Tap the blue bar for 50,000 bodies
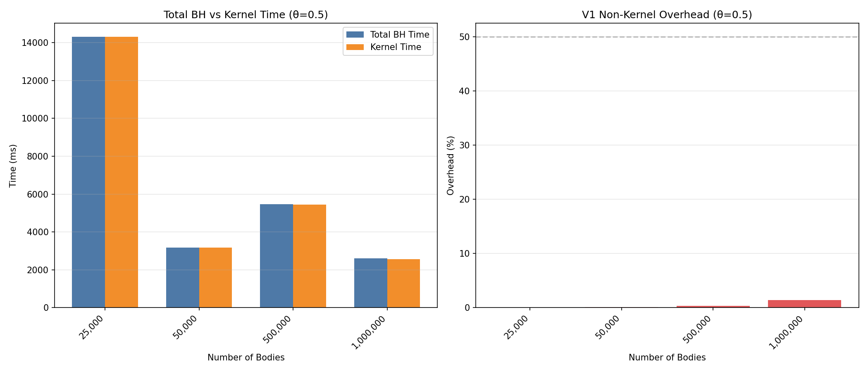point(182,277)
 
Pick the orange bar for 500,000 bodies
point(310,256)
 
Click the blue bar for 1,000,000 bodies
point(370,283)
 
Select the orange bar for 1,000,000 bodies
point(403,283)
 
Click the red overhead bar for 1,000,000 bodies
point(804,304)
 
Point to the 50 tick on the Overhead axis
point(465,37)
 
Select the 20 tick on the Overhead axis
point(465,199)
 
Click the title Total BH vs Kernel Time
point(246,15)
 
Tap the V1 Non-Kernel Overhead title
point(667,15)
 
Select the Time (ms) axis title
point(13,165)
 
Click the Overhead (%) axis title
point(451,165)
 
